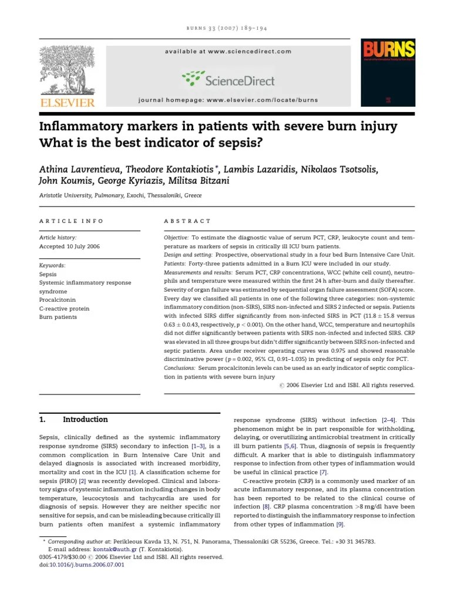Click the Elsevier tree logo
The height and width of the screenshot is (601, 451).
pyautogui.click(x=66, y=70)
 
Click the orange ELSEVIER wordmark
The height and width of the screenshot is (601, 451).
pyautogui.click(x=66, y=102)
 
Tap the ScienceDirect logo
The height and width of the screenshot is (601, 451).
pyautogui.click(x=228, y=79)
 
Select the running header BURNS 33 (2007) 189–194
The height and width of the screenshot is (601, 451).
pyautogui.click(x=227, y=28)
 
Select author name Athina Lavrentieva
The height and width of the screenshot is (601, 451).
pyautogui.click(x=78, y=170)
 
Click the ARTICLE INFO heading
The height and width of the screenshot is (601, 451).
pyautogui.click(x=71, y=221)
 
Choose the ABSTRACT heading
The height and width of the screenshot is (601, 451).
pyautogui.click(x=187, y=221)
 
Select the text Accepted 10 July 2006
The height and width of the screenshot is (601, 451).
pyautogui.click(x=69, y=247)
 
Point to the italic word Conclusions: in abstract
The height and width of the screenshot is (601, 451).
pyautogui.click(x=180, y=367)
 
